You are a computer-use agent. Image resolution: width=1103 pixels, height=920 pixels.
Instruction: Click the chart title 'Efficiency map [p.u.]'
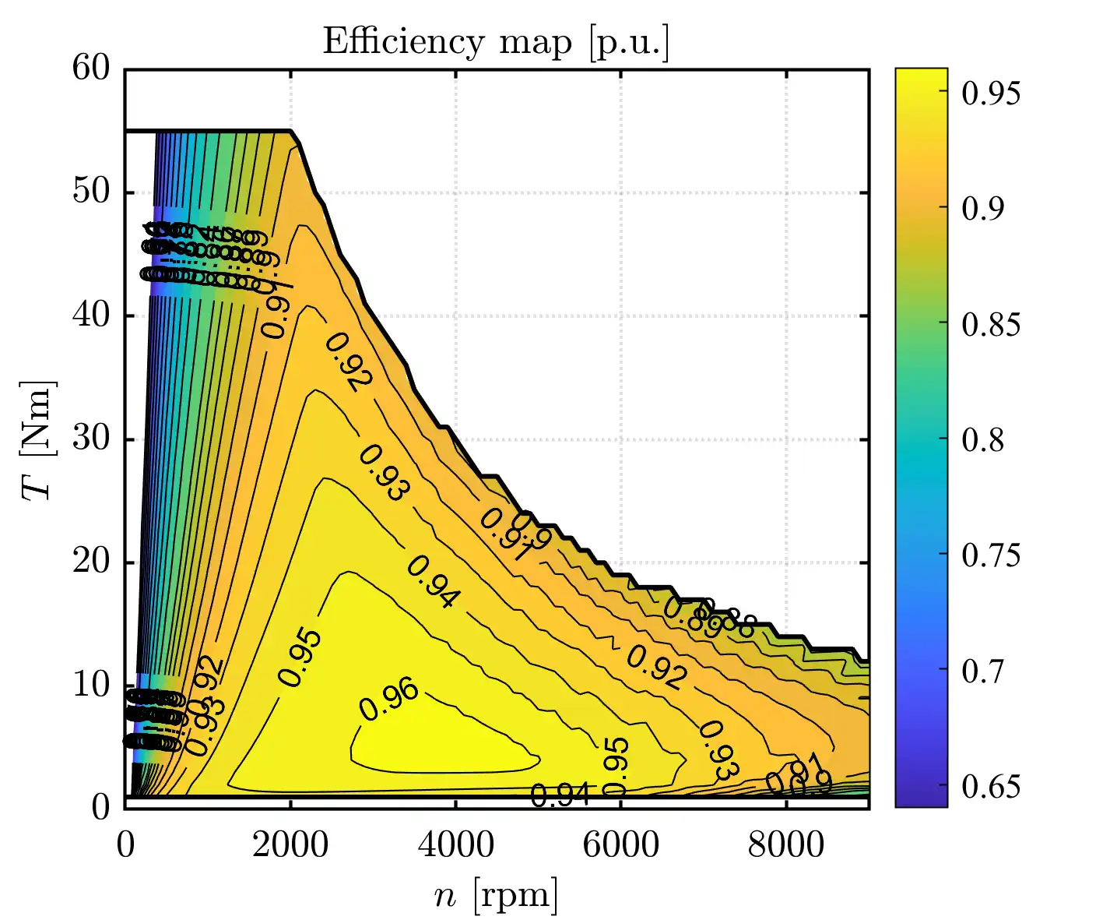click(496, 42)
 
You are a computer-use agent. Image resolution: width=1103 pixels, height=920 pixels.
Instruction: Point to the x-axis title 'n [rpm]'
click(496, 896)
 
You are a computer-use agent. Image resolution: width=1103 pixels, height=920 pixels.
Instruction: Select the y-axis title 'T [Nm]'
click(37, 439)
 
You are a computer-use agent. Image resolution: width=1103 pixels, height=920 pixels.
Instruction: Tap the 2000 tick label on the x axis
click(290, 845)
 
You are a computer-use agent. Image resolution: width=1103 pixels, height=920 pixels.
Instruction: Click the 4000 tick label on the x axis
click(455, 845)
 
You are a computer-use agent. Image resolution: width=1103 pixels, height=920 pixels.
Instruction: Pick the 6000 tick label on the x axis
click(620, 845)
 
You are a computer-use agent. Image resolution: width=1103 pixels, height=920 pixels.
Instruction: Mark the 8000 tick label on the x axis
click(785, 845)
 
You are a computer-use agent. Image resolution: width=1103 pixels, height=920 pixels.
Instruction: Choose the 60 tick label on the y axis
click(92, 69)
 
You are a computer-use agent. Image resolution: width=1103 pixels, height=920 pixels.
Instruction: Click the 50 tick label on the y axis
click(92, 192)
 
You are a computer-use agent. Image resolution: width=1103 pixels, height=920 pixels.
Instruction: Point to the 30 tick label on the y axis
click(92, 439)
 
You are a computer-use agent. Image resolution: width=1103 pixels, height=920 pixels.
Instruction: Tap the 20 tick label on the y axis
click(92, 562)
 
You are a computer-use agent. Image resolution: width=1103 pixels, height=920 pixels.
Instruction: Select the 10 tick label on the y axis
click(92, 686)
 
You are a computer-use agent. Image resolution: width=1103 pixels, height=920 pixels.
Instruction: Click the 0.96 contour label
click(388, 700)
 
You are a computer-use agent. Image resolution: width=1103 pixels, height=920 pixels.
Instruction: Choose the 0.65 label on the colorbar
click(990, 787)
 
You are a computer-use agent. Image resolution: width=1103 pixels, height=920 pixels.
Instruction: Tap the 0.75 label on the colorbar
click(990, 556)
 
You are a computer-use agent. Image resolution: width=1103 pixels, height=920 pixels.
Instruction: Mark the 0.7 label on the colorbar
click(983, 671)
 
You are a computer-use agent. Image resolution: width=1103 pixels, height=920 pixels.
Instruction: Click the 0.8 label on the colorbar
click(983, 440)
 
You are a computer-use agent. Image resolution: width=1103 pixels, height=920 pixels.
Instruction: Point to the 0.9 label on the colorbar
click(983, 209)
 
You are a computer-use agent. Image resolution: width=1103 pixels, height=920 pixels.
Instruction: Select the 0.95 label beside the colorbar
click(990, 93)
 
